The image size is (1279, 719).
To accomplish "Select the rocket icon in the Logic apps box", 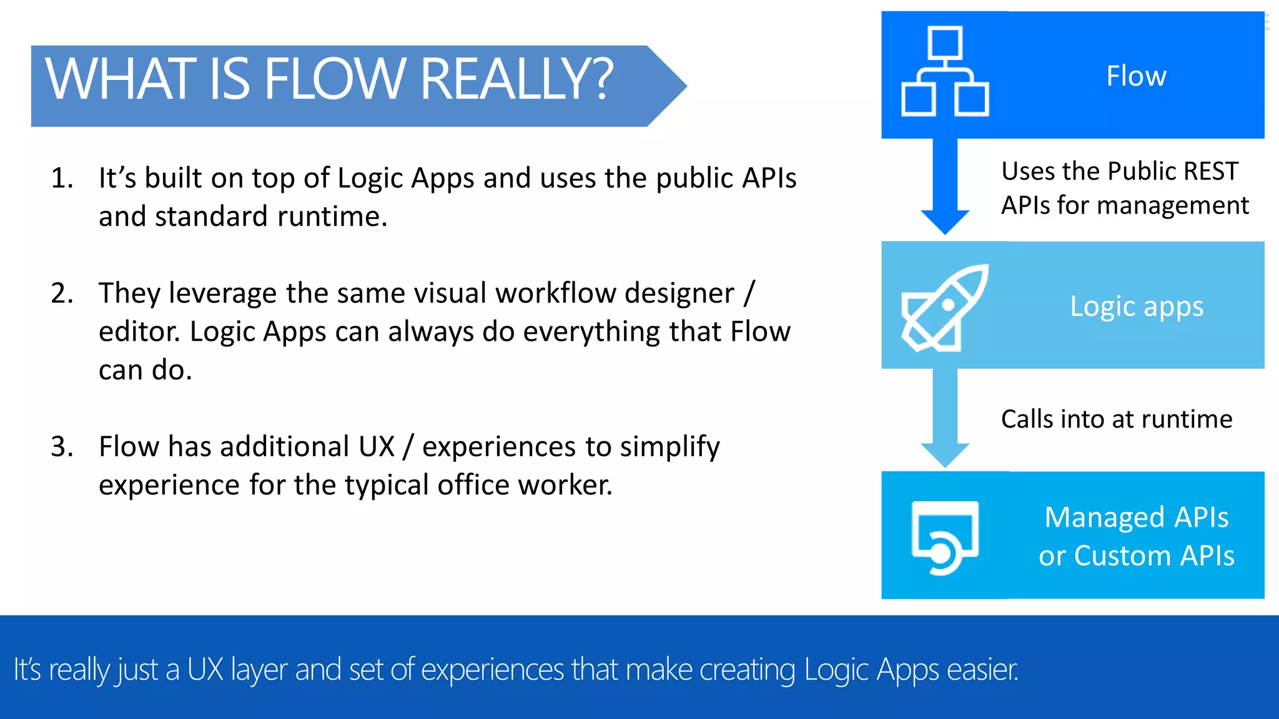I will point(944,307).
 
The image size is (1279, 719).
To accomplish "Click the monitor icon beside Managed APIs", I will point(945,537).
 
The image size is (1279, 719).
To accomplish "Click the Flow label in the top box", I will point(1136,76).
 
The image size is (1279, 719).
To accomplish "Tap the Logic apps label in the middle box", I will point(1136,306).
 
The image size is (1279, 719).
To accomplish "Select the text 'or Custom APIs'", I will point(1136,555).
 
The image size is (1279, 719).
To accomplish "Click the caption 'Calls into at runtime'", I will point(1116,419).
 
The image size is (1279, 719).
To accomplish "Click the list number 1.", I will point(61,178).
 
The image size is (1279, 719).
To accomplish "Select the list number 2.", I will point(61,293).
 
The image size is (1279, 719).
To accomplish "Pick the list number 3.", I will point(61,446).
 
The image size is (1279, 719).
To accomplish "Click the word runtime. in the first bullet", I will point(332,217).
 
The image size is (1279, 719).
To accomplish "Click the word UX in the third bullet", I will point(377,446).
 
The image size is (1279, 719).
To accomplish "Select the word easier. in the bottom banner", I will point(982,670).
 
